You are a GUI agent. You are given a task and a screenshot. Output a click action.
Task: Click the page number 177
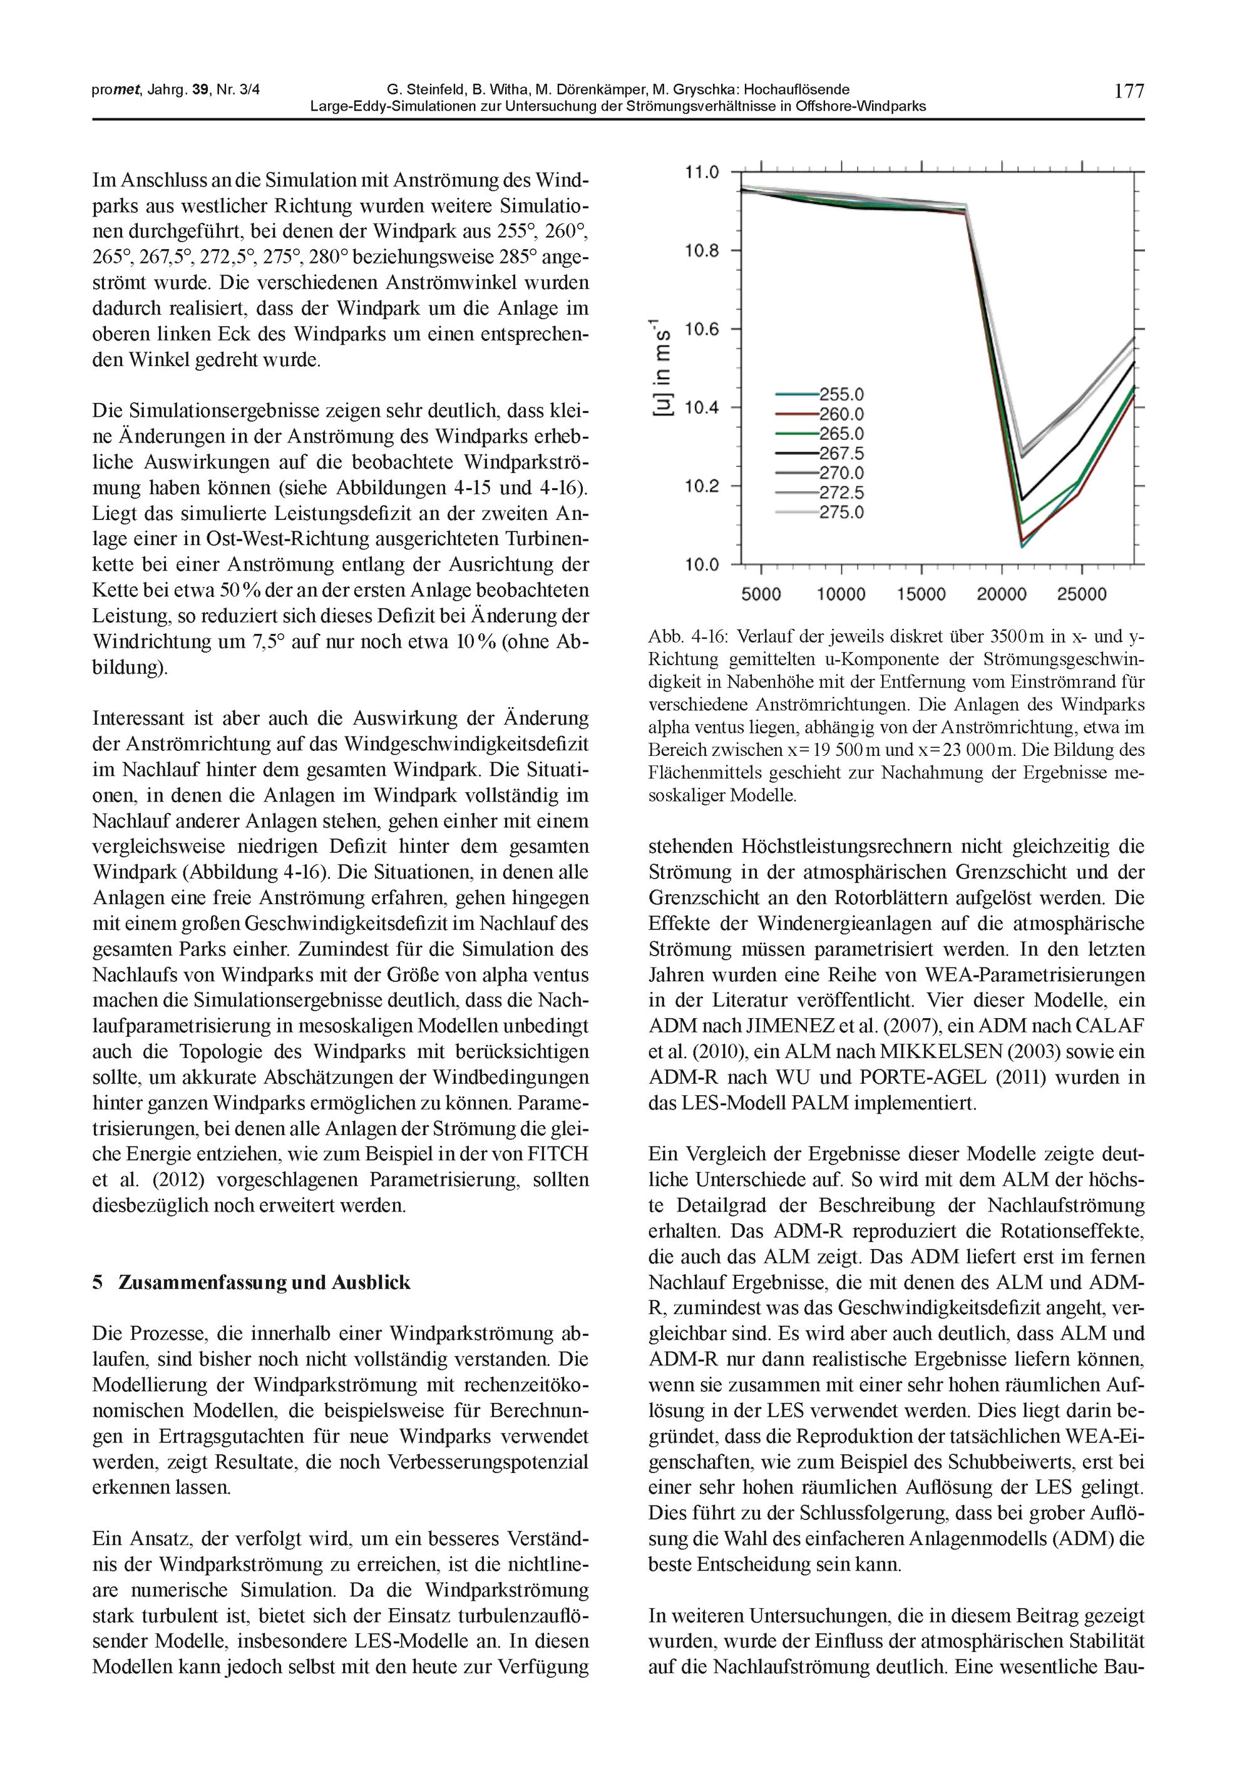point(1129,91)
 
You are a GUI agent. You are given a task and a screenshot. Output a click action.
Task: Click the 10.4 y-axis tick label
point(702,407)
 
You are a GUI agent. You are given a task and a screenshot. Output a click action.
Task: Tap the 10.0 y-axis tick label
point(702,565)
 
